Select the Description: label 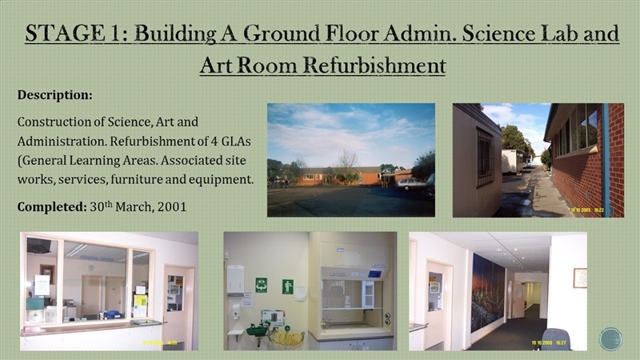pos(54,95)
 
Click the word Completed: pos(52,206)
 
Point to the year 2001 pos(172,206)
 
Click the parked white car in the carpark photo pos(410,184)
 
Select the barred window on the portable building pos(485,158)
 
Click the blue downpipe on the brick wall pos(606,159)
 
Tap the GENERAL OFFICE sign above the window pos(97,258)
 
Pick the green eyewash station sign pos(262,286)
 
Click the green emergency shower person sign pos(288,286)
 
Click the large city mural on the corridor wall pos(488,293)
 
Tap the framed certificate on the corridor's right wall pos(580,278)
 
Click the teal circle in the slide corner pos(610,338)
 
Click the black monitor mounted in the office pos(38,246)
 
